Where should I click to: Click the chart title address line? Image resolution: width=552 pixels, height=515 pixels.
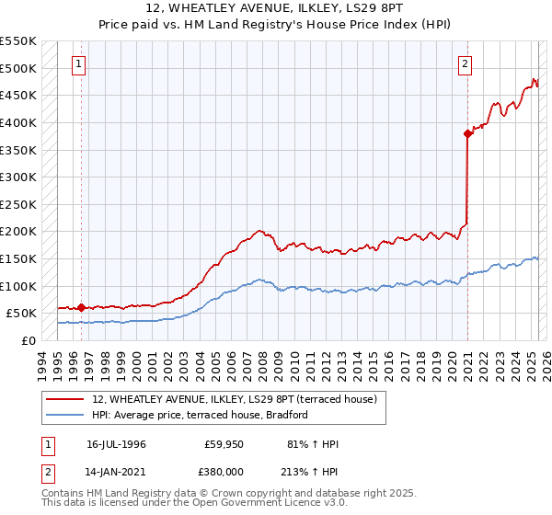tap(276, 8)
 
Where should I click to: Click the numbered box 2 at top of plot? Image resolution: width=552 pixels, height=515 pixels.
tap(466, 64)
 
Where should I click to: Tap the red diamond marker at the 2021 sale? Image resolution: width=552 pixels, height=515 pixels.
tap(467, 133)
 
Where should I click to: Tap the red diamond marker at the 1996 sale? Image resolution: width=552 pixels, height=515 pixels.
tap(81, 307)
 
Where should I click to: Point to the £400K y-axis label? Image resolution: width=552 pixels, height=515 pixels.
tap(17, 122)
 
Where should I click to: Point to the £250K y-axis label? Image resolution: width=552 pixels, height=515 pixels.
tap(17, 204)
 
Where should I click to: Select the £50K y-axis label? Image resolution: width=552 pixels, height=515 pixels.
tap(21, 314)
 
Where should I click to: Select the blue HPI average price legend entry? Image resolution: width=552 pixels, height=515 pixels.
tap(199, 415)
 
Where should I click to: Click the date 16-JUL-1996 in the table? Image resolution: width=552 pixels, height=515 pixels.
tap(116, 444)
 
